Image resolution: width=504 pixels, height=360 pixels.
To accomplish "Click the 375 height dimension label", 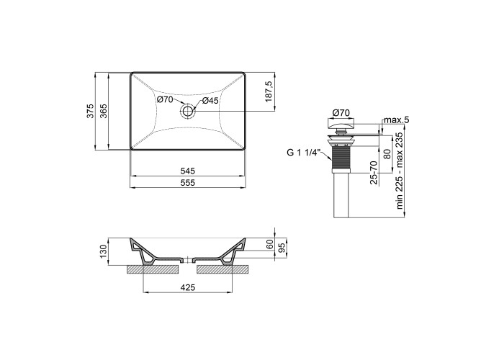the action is (91, 111).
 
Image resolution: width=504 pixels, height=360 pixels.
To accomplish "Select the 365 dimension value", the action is (104, 111).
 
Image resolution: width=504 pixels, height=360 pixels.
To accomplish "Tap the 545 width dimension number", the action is (188, 171).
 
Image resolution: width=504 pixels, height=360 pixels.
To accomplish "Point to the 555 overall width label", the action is (188, 183).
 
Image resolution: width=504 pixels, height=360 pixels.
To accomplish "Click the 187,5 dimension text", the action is (269, 91).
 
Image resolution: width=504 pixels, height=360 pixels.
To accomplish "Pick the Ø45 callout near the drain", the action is (210, 101).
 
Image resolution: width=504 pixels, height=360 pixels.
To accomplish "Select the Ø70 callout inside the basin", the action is (165, 99).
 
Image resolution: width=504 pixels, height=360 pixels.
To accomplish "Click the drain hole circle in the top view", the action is (187, 112).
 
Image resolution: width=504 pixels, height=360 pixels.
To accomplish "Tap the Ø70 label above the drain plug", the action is (341, 113).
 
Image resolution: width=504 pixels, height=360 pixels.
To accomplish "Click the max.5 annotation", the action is (397, 120).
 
